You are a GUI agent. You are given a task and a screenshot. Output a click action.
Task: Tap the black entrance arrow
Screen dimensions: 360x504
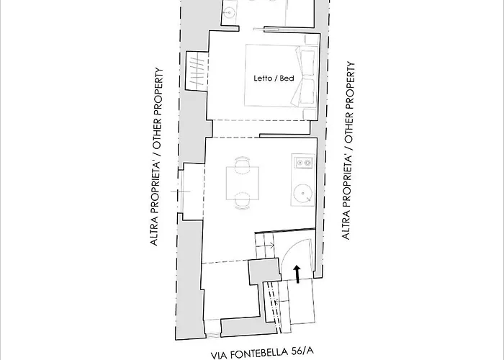297,273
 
